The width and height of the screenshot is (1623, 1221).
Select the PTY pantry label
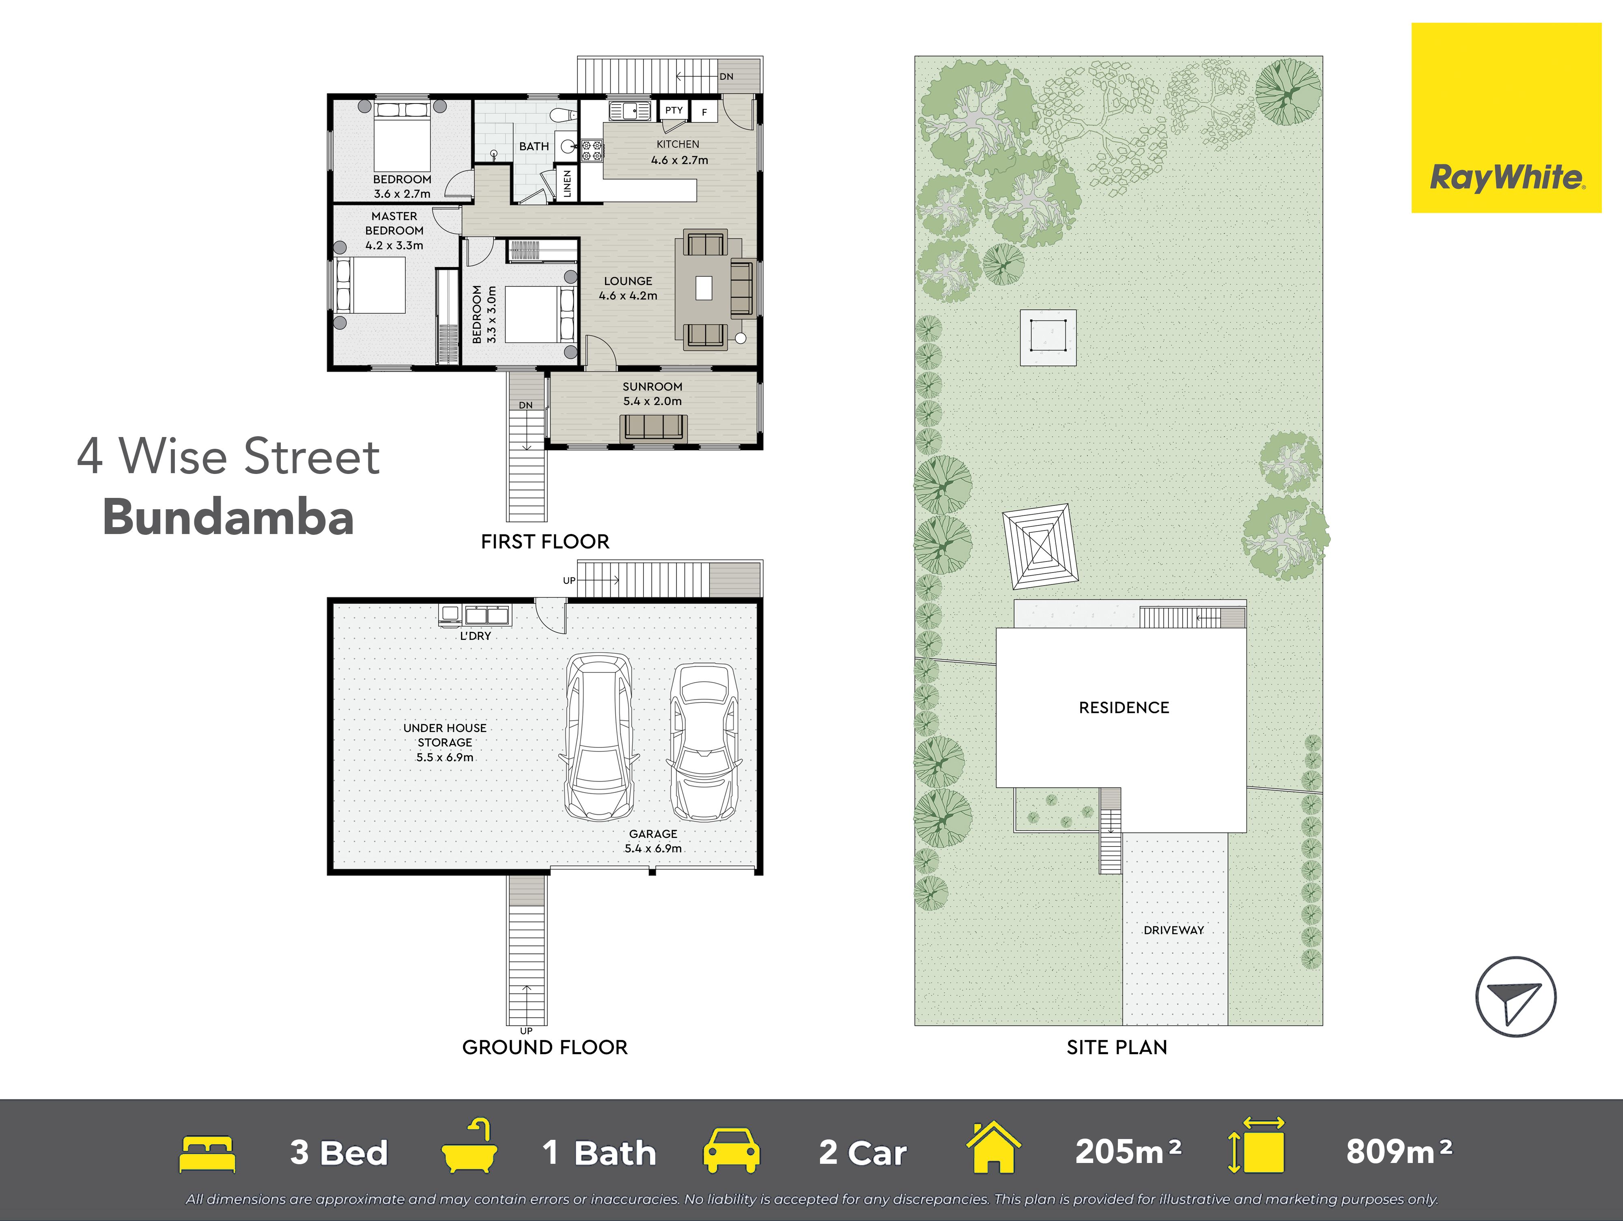point(674,110)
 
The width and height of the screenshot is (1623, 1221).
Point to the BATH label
point(534,146)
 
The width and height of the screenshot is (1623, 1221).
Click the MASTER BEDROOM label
point(395,223)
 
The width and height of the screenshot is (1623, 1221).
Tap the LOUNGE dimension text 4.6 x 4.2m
point(628,296)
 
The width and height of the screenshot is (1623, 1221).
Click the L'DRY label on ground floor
point(476,635)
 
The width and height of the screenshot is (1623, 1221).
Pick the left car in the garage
point(599,737)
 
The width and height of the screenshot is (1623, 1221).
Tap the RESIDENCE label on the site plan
point(1124,707)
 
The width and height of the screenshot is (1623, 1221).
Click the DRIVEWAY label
point(1174,930)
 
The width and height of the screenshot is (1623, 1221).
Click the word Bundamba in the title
point(228,517)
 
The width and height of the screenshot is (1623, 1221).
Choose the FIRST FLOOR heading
point(545,542)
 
